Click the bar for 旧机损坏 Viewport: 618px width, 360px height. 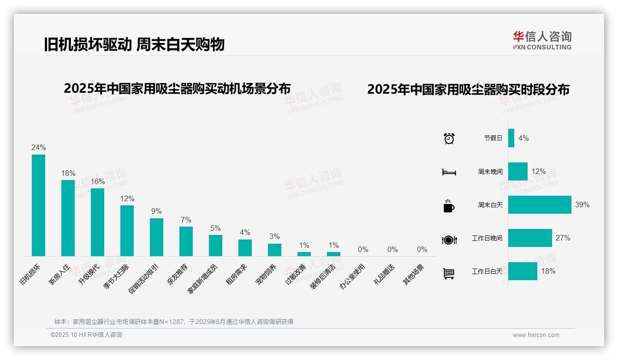click(x=38, y=205)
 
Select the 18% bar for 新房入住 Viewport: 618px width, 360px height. click(x=68, y=218)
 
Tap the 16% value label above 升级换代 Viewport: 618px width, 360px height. click(x=97, y=182)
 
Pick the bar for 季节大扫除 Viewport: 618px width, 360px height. click(x=127, y=231)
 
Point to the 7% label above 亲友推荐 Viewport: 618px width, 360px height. click(x=186, y=220)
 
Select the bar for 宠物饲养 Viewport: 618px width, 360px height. click(x=274, y=250)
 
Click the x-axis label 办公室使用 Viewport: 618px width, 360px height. click(x=353, y=276)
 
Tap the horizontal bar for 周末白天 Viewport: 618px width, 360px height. click(x=540, y=204)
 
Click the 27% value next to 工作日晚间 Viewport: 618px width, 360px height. click(x=563, y=238)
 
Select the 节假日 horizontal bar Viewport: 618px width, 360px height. click(x=511, y=138)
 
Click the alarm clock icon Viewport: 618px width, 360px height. click(x=449, y=138)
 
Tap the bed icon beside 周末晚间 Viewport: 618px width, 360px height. click(x=449, y=172)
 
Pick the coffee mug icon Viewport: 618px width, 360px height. click(x=449, y=206)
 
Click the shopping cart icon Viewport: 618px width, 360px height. click(x=449, y=273)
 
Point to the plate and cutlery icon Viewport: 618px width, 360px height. click(x=449, y=240)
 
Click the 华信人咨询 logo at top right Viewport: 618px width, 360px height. click(x=542, y=40)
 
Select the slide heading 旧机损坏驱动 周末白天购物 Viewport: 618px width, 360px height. click(x=134, y=44)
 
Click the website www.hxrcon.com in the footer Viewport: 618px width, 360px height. click(x=536, y=335)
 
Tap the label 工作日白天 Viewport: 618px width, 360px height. click(x=487, y=271)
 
